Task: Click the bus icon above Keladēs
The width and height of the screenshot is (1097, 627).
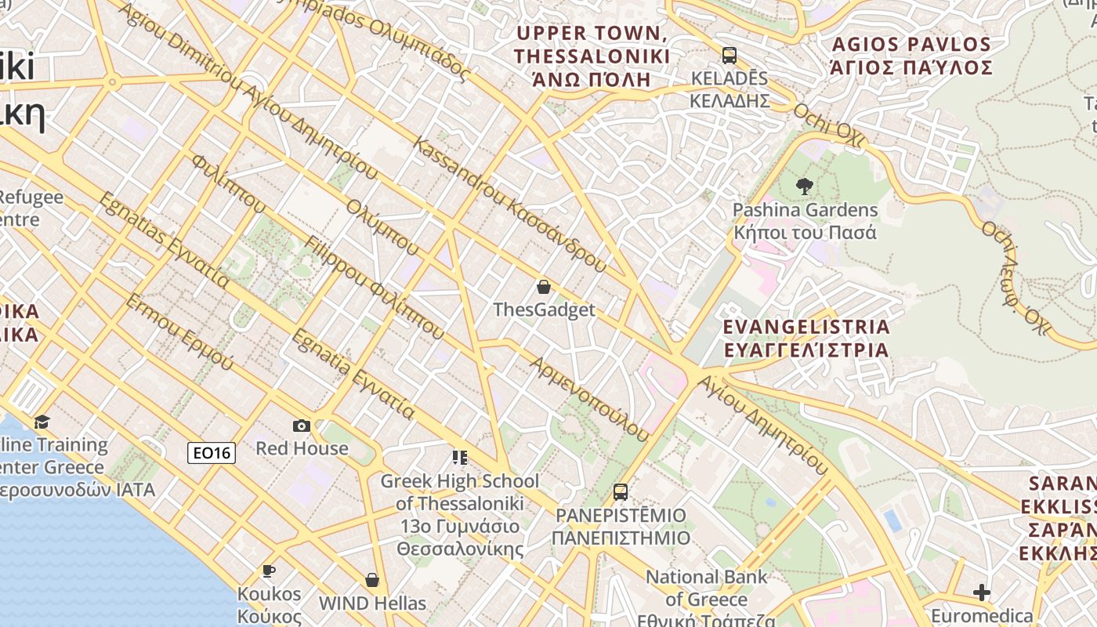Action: pyautogui.click(x=730, y=56)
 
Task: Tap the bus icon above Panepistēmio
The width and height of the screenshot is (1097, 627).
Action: pyautogui.click(x=621, y=492)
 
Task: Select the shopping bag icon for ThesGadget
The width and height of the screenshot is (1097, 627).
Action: pyautogui.click(x=544, y=287)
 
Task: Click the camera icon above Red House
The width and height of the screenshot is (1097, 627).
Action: pyautogui.click(x=302, y=426)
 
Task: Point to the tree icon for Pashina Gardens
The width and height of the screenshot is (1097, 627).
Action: pyautogui.click(x=804, y=187)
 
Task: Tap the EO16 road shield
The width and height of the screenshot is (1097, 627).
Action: pyautogui.click(x=212, y=452)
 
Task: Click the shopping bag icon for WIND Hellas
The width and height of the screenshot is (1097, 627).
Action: pyautogui.click(x=372, y=580)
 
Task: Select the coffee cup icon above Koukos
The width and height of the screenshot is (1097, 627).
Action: pyautogui.click(x=269, y=571)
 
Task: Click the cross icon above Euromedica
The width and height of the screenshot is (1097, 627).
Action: pyautogui.click(x=982, y=593)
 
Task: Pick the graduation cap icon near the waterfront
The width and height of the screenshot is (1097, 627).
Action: pyautogui.click(x=42, y=422)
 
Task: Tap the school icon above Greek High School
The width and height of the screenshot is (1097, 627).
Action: pyautogui.click(x=460, y=457)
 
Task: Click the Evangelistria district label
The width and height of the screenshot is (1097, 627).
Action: pyautogui.click(x=806, y=338)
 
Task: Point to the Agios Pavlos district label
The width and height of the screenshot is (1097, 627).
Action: pyautogui.click(x=911, y=55)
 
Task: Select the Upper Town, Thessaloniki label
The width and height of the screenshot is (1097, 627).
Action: pyautogui.click(x=592, y=56)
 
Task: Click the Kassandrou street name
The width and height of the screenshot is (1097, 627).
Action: pyautogui.click(x=509, y=205)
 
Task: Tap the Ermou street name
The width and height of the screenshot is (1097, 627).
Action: pyautogui.click(x=179, y=332)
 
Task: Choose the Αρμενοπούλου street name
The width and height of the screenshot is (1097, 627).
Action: pyautogui.click(x=589, y=399)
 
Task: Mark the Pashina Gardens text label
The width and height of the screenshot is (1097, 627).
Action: pyautogui.click(x=805, y=221)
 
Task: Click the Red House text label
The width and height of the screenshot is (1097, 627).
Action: pyautogui.click(x=302, y=448)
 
